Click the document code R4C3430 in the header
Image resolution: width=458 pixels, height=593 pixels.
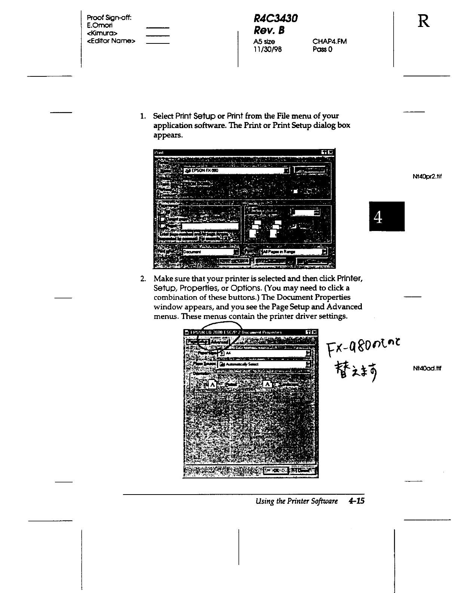click(x=275, y=18)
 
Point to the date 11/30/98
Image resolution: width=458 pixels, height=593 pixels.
click(x=267, y=49)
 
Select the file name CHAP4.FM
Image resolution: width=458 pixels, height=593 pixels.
click(x=329, y=41)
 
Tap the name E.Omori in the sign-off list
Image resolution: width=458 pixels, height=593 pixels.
click(x=99, y=25)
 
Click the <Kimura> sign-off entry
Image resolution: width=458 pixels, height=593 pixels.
click(x=102, y=33)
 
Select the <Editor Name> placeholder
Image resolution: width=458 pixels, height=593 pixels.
click(x=111, y=41)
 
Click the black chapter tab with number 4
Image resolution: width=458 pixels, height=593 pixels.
click(x=387, y=216)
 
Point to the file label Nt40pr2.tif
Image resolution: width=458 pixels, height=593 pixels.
click(x=427, y=177)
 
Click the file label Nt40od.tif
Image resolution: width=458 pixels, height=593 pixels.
click(x=427, y=368)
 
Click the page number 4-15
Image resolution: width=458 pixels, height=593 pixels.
click(x=356, y=501)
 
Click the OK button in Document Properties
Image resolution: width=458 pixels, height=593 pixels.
click(x=276, y=470)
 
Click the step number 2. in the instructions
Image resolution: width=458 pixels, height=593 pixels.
click(x=143, y=279)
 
